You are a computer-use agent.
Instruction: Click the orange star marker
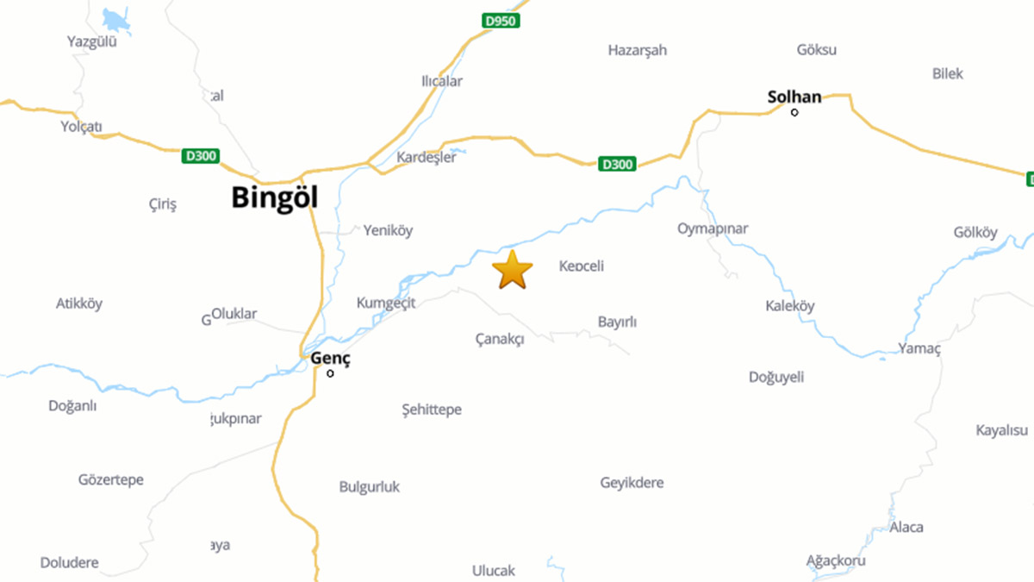513,270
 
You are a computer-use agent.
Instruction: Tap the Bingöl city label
274,198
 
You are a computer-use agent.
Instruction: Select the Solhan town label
794,97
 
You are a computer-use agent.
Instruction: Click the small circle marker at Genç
330,373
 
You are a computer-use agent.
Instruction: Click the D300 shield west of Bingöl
201,156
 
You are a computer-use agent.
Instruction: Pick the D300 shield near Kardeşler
617,164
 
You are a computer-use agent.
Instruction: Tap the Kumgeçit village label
386,303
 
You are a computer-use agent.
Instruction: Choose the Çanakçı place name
500,339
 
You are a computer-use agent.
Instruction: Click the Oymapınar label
713,228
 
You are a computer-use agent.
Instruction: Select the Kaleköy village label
789,306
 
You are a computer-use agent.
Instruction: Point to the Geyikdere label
632,483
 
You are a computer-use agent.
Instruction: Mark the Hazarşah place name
638,50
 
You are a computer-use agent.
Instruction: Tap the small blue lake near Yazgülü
114,19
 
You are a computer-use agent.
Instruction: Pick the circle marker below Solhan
794,112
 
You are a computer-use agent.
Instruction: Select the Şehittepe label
432,410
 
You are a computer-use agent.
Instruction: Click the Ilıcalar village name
441,81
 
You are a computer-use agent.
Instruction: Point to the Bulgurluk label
370,487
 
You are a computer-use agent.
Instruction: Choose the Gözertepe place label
110,479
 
